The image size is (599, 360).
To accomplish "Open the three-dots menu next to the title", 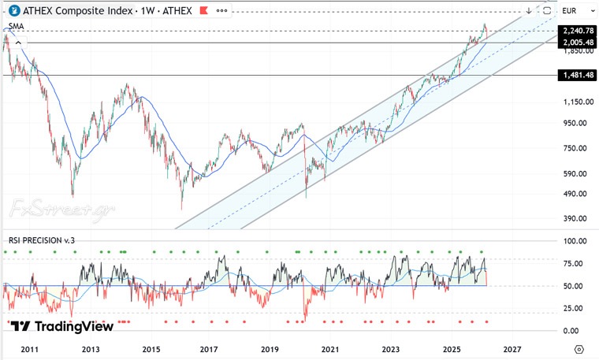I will (221, 11).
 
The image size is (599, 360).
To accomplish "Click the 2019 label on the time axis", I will (270, 348).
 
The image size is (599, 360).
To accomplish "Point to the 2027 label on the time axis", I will (512, 348).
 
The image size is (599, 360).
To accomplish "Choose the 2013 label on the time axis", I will (91, 348).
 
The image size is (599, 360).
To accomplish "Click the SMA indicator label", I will (16, 26).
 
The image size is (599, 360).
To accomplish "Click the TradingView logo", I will (62, 326).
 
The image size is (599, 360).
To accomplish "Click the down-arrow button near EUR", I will (529, 11).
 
